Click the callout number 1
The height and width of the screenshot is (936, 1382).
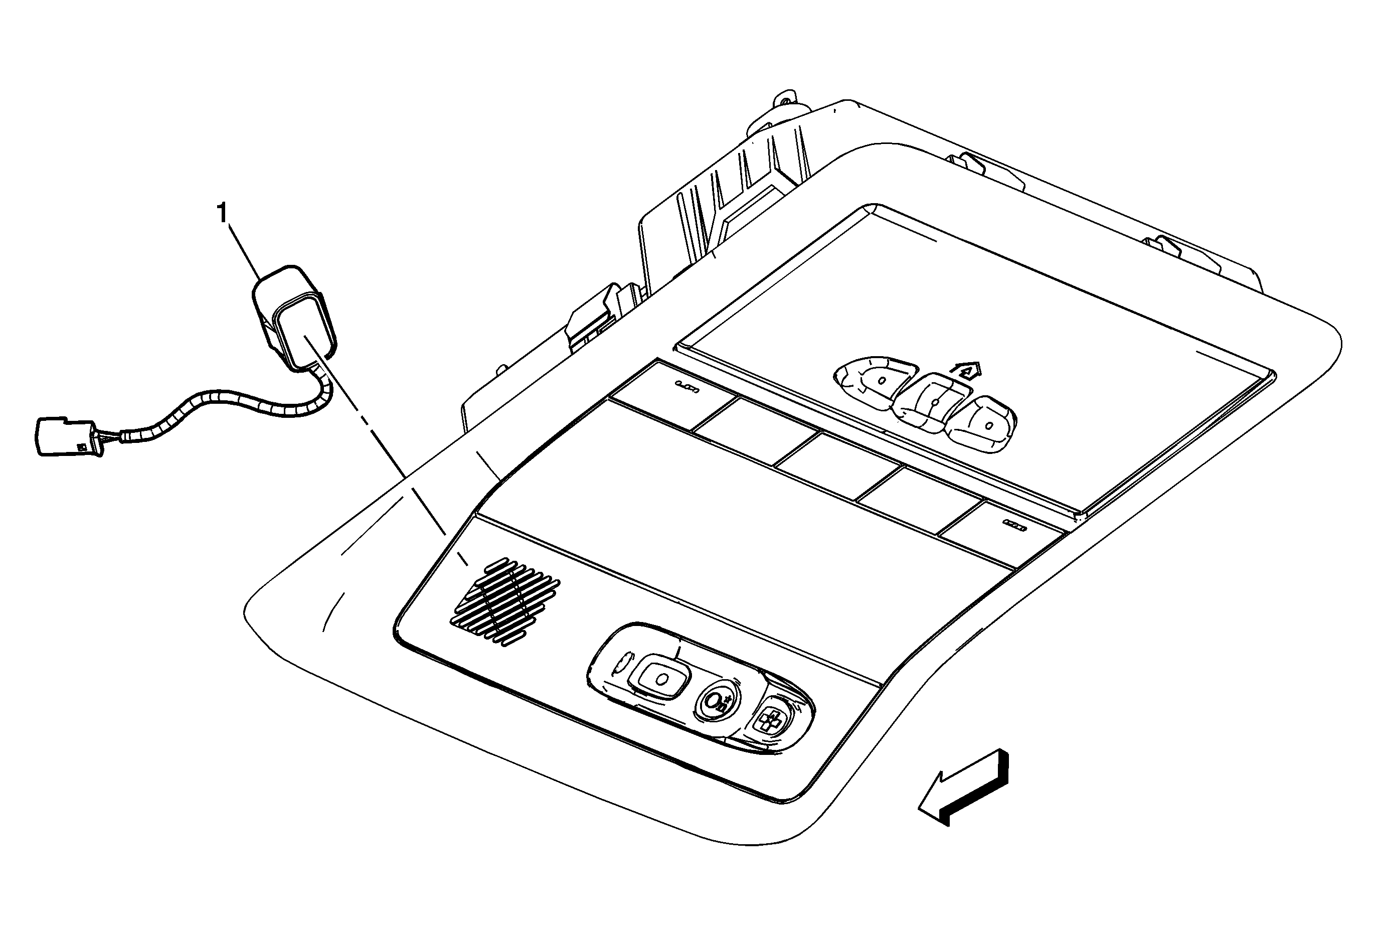coord(223,212)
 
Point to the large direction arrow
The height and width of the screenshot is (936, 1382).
coord(963,788)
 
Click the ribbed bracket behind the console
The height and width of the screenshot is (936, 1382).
coord(732,202)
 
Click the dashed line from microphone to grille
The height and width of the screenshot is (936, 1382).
coord(387,452)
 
